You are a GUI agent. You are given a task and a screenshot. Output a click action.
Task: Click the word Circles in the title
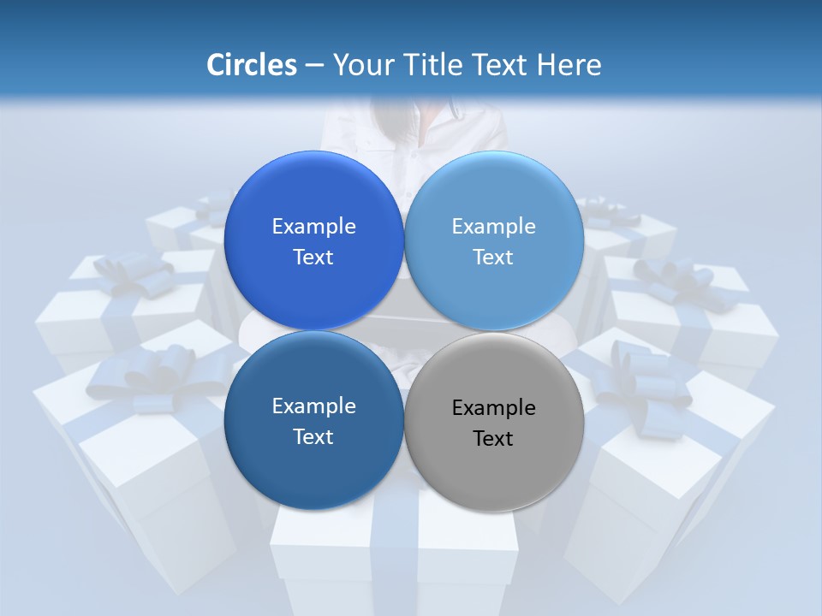(251, 65)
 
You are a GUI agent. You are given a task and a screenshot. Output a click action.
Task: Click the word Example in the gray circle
(493, 408)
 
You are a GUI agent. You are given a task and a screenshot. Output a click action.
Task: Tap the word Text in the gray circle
(493, 439)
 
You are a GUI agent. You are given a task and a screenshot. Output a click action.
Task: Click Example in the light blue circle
(493, 227)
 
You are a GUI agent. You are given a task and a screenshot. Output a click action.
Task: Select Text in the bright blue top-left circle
(313, 258)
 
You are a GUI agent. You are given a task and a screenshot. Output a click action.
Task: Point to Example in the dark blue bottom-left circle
(313, 406)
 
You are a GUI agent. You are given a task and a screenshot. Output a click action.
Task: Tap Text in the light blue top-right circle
(493, 258)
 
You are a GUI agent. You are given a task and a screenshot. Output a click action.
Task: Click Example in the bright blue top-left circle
(313, 227)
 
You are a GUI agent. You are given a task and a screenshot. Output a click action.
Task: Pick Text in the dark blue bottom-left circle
(313, 437)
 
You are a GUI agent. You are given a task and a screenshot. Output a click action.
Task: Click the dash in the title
(314, 66)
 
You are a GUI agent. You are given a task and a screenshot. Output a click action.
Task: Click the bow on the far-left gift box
(128, 274)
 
